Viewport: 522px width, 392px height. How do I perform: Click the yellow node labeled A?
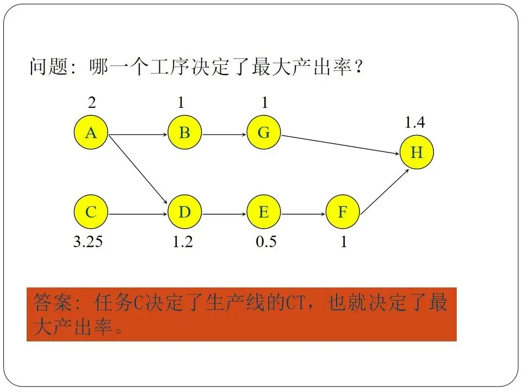click(91, 132)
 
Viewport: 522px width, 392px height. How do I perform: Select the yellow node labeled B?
click(185, 132)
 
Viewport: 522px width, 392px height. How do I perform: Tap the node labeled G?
click(264, 132)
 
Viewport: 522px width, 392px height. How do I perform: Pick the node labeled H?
click(417, 152)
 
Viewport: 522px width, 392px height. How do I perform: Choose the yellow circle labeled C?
click(91, 212)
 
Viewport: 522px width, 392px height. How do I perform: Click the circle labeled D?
click(185, 212)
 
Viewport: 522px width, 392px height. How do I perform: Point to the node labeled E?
click(264, 212)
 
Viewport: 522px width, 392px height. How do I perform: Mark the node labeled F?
click(343, 212)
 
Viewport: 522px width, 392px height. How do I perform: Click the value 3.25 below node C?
click(88, 242)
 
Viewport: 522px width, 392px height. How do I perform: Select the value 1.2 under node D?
click(183, 242)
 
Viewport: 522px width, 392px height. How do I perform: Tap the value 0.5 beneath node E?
click(266, 242)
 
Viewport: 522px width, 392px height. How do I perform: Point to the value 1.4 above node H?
click(414, 123)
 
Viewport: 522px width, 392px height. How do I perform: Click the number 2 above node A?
click(92, 102)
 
